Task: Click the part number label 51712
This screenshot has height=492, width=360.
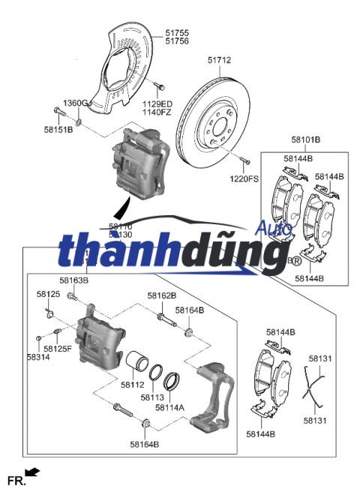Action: [220, 60]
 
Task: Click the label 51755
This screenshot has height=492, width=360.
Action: [177, 32]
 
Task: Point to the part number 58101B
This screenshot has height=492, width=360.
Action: [306, 140]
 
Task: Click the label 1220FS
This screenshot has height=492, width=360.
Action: [244, 180]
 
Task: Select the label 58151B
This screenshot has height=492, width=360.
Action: [58, 130]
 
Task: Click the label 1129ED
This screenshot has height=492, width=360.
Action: [157, 103]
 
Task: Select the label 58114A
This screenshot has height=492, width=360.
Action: [169, 407]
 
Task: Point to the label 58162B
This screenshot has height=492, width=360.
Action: [161, 295]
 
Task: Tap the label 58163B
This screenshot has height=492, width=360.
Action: [74, 280]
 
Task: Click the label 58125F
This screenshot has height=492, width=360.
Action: [58, 349]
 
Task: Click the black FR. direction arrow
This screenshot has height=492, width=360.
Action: [31, 471]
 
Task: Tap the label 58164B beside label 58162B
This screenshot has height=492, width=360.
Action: [189, 310]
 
